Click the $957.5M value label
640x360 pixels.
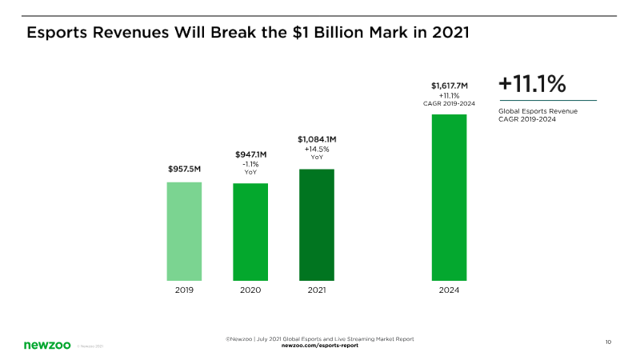pos(184,170)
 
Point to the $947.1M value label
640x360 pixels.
pos(250,154)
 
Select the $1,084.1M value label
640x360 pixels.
pos(317,139)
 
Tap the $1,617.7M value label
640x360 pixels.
pos(449,86)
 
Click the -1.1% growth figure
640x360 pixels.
pos(250,164)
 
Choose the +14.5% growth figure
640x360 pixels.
pos(317,150)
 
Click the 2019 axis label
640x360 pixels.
pos(184,290)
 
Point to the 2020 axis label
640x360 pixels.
pos(250,290)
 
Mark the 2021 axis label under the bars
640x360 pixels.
pos(317,290)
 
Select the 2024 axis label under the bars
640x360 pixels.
pos(449,290)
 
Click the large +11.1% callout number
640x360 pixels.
pos(532,84)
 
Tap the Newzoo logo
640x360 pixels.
pos(46,345)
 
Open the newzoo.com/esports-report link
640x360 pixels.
pos(319,346)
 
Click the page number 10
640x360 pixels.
pos(608,342)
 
